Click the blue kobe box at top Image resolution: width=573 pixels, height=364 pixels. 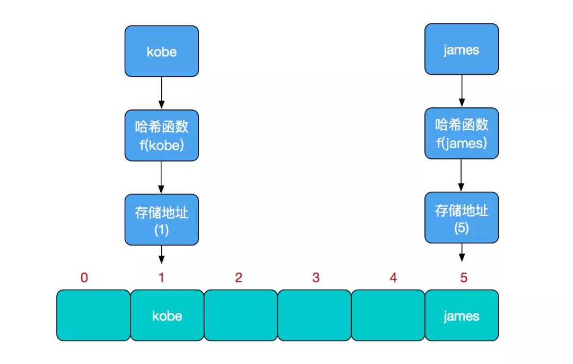pyautogui.click(x=162, y=51)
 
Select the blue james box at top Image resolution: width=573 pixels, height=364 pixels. pyautogui.click(x=462, y=49)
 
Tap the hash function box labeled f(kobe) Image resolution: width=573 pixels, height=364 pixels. pyautogui.click(x=162, y=135)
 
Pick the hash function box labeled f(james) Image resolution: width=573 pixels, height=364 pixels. pyautogui.click(x=462, y=133)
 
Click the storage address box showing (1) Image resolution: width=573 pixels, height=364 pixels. pyautogui.click(x=162, y=219)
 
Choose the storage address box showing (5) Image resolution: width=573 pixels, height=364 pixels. pyautogui.click(x=462, y=217)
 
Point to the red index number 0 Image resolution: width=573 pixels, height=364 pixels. pyautogui.click(x=84, y=277)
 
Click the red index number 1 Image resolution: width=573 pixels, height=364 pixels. pyautogui.click(x=162, y=277)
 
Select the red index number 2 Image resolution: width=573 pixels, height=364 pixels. pyautogui.click(x=239, y=277)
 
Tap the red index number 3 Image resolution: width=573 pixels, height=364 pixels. pyautogui.click(x=316, y=277)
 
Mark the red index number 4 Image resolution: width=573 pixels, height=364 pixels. pyautogui.click(x=393, y=277)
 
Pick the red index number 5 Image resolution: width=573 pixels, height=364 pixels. pyautogui.click(x=464, y=277)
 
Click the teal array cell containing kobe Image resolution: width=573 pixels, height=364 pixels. pyautogui.click(x=167, y=315)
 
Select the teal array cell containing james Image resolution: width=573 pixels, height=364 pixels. pyautogui.click(x=462, y=315)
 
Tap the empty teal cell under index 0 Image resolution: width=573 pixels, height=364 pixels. pyautogui.click(x=93, y=315)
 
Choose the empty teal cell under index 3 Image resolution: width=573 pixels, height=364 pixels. pyautogui.click(x=314, y=315)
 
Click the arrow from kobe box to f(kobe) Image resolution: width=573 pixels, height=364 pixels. pyautogui.click(x=162, y=93)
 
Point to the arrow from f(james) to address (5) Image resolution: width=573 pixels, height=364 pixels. pyautogui.click(x=462, y=175)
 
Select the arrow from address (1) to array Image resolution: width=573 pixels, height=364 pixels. pyautogui.click(x=162, y=255)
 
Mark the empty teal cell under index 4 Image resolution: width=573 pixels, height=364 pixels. pyautogui.click(x=388, y=315)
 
